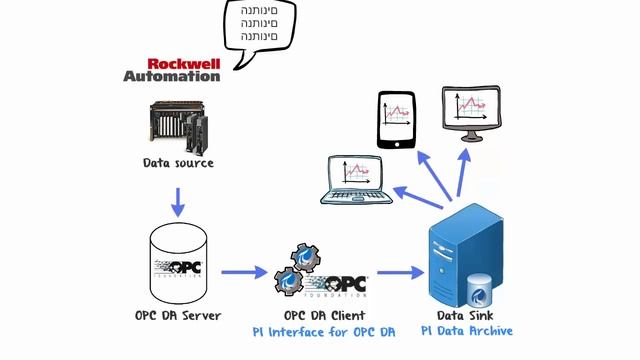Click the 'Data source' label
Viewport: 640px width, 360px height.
(x=178, y=162)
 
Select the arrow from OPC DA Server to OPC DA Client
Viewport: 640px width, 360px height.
(x=243, y=271)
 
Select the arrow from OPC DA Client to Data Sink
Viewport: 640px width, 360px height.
(x=400, y=271)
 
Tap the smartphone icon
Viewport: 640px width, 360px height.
(x=397, y=119)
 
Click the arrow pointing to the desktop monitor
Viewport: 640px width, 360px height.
(x=465, y=170)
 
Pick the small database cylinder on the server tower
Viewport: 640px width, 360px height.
(x=481, y=290)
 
